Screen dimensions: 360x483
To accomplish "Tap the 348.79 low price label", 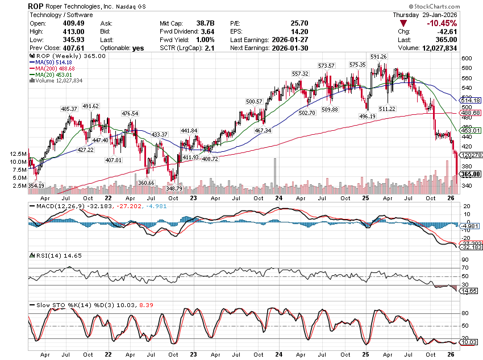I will tap(176, 188).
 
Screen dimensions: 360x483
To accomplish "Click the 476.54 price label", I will tap(130, 114).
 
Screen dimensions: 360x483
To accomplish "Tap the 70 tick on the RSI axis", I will tap(464, 267).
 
